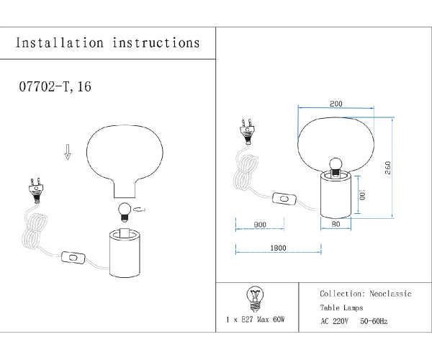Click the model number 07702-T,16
53,87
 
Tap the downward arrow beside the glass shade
68,151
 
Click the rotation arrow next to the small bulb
140,210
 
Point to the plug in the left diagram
35,189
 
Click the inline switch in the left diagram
73,256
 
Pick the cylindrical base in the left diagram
127,251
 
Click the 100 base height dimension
363,194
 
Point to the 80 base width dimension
336,225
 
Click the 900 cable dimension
260,225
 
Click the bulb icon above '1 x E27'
253,296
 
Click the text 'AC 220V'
335,320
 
